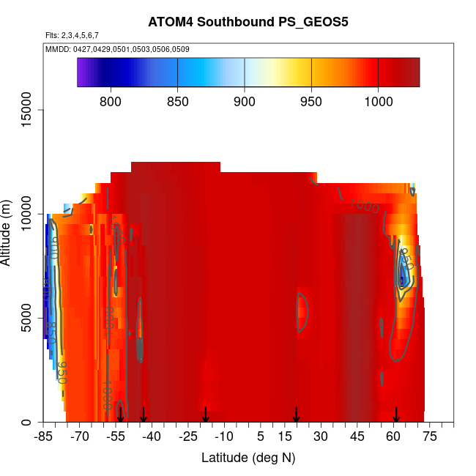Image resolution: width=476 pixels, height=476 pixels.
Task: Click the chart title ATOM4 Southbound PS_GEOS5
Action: pos(248,21)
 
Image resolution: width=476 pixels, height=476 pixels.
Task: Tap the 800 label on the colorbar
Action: pos(111,101)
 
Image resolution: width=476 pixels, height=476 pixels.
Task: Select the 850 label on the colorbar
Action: pos(178,101)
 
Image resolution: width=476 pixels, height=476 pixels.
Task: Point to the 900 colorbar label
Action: pos(245,101)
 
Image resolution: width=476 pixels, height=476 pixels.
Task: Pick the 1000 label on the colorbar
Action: pos(378,101)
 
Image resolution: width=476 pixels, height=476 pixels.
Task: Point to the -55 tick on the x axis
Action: pos(116,437)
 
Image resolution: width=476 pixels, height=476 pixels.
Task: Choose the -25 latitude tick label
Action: pos(188,437)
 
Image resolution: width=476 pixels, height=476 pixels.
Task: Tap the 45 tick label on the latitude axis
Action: pos(357,437)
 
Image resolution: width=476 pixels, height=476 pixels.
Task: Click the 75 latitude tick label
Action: pos(429,437)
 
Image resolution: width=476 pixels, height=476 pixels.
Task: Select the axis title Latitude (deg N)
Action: pos(248,458)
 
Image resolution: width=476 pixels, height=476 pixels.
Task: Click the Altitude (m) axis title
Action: pos(7,228)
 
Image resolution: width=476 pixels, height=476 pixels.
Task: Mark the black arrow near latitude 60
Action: pos(396,414)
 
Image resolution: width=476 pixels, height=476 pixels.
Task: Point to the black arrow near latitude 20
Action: pos(296,414)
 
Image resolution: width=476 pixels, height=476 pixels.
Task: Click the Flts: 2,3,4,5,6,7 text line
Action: pos(72,35)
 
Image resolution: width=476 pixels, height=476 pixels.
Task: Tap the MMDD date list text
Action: pos(118,49)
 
